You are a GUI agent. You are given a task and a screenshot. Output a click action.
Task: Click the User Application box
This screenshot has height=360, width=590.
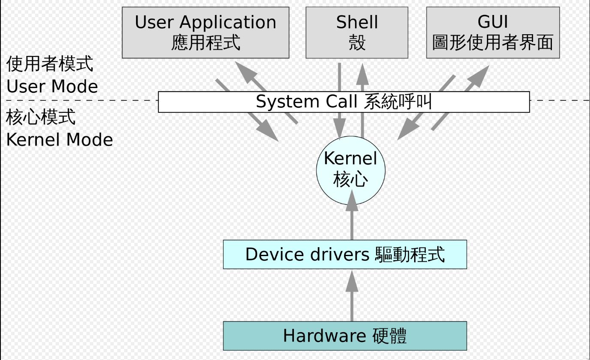[205, 32]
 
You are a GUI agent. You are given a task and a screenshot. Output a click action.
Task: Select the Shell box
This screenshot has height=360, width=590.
[357, 32]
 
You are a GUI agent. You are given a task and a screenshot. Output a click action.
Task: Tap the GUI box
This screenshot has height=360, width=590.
[493, 32]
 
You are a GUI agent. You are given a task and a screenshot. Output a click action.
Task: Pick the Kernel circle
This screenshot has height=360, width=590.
[350, 170]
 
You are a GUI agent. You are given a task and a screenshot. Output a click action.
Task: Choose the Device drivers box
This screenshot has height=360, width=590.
[345, 254]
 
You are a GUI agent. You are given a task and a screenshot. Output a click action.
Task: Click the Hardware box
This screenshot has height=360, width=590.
[345, 336]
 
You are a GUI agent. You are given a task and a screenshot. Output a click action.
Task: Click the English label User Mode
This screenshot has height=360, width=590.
[52, 87]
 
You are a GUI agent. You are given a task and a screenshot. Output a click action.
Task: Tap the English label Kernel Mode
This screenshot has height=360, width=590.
[59, 140]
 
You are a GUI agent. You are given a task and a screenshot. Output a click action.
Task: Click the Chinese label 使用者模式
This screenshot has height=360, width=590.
[50, 65]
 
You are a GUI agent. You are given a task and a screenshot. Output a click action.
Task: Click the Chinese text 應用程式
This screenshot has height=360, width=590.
[206, 43]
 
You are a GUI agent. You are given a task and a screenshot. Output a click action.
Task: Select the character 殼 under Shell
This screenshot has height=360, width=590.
[357, 43]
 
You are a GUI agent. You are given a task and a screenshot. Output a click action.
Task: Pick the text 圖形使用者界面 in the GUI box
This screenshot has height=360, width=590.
[493, 43]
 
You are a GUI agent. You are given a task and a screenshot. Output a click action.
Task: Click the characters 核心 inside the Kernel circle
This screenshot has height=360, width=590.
[350, 180]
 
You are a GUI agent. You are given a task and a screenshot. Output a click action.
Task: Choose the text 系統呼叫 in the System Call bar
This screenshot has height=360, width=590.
[397, 102]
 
